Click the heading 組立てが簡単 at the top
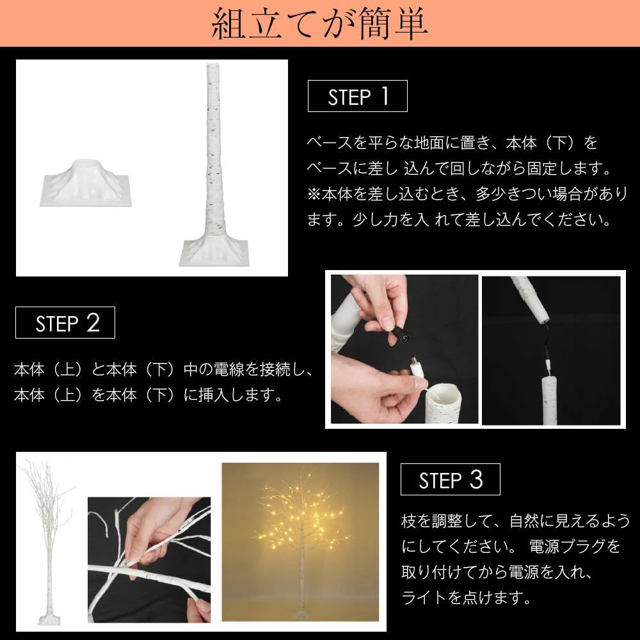click(x=319, y=24)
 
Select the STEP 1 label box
click(x=358, y=97)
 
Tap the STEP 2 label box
click(x=66, y=323)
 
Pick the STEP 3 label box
click(x=450, y=481)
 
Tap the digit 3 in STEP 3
click(x=476, y=480)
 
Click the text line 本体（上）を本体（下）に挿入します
click(x=148, y=395)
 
